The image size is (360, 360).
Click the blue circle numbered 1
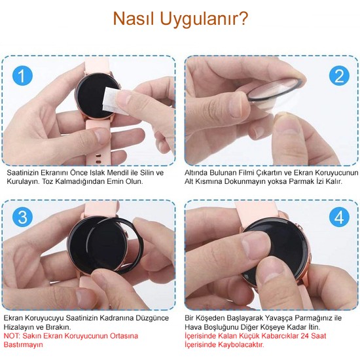pyautogui.click(x=24, y=77)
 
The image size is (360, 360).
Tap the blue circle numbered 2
pyautogui.click(x=338, y=76)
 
